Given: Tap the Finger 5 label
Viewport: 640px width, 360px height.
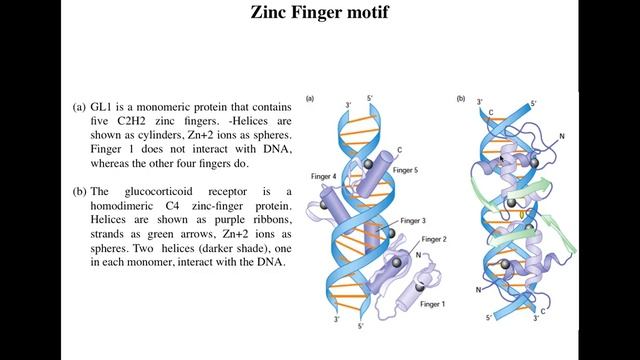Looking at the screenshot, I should click(x=405, y=171).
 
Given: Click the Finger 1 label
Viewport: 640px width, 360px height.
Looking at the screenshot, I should click(x=431, y=302).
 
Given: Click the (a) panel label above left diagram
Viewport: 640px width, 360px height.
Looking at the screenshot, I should click(x=310, y=98).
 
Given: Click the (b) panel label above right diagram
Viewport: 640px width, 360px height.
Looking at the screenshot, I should click(x=461, y=98).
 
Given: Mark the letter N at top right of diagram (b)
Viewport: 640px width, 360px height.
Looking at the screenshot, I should click(x=563, y=135).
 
